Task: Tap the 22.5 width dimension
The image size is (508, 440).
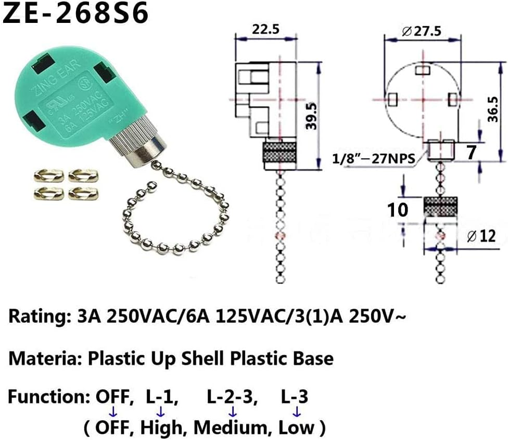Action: tap(264, 29)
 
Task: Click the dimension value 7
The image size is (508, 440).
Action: tap(471, 153)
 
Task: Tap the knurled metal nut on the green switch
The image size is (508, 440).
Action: tap(137, 144)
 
